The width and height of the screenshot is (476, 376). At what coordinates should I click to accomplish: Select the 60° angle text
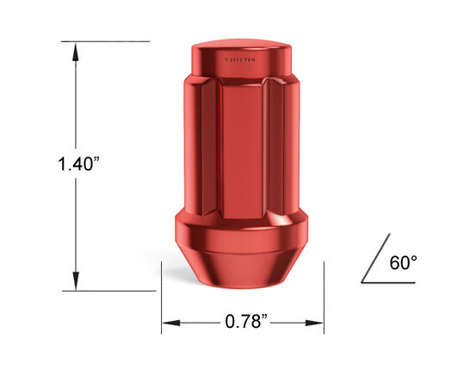pos(402,262)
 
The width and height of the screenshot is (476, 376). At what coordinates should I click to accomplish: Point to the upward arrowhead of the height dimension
pos(76,49)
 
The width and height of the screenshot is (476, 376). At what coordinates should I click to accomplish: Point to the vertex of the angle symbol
pos(362,281)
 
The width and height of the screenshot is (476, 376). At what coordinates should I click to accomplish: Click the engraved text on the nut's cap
pos(241,60)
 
